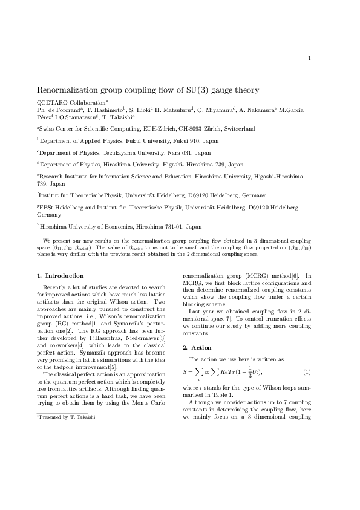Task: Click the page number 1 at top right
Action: pyautogui.click(x=309, y=58)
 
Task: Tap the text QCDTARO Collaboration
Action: pyautogui.click(x=71, y=103)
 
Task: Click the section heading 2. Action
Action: pyautogui.click(x=197, y=348)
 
